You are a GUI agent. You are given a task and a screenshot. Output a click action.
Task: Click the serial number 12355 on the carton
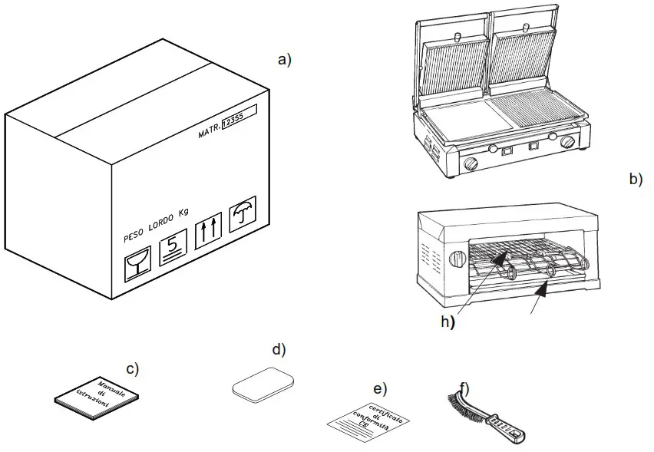[232, 126]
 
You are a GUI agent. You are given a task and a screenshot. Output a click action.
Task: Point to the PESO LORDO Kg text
[157, 226]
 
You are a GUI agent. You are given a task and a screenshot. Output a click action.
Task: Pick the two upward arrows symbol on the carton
[208, 231]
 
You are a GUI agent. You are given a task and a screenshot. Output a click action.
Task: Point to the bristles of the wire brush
[462, 404]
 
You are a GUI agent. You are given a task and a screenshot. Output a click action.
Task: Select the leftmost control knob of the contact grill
[469, 163]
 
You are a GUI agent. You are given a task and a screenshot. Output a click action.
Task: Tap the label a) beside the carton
[285, 59]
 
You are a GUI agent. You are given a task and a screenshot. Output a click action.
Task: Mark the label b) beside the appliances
[635, 180]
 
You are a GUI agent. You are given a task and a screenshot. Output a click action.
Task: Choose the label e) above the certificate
[379, 386]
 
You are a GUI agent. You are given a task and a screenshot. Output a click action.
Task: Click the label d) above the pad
[278, 350]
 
